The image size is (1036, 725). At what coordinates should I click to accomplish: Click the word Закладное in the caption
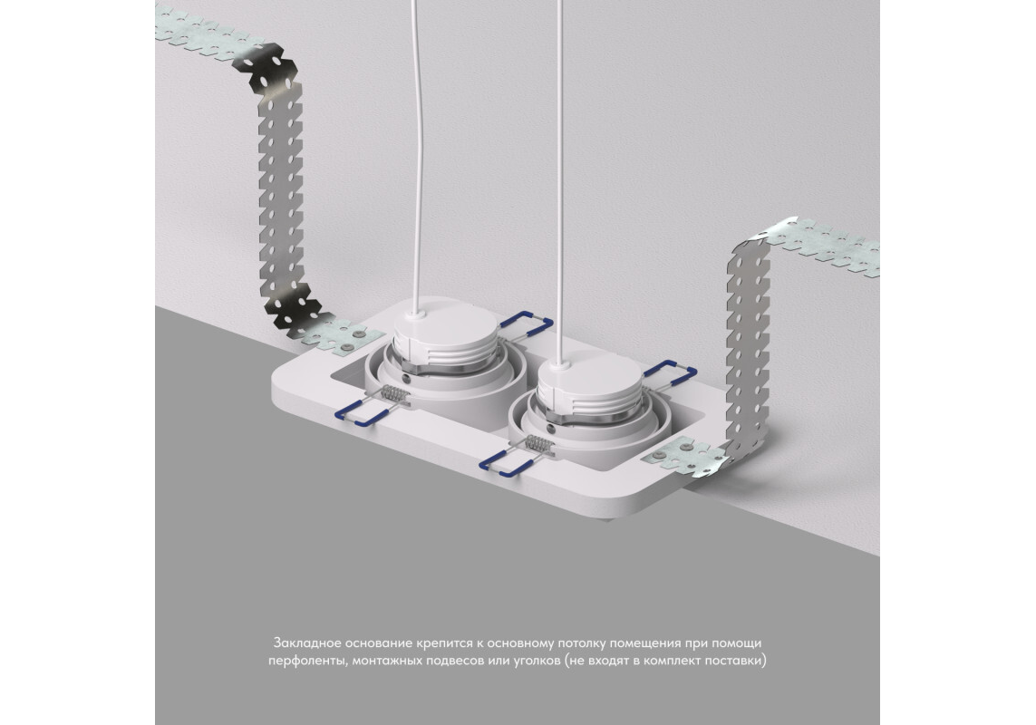click(306, 643)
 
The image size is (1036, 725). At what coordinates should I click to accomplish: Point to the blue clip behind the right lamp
click(670, 373)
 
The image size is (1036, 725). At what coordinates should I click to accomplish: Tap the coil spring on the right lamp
click(538, 443)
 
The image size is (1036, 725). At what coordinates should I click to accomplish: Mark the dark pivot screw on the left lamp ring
click(405, 380)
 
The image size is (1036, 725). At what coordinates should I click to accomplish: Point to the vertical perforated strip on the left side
click(280, 191)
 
